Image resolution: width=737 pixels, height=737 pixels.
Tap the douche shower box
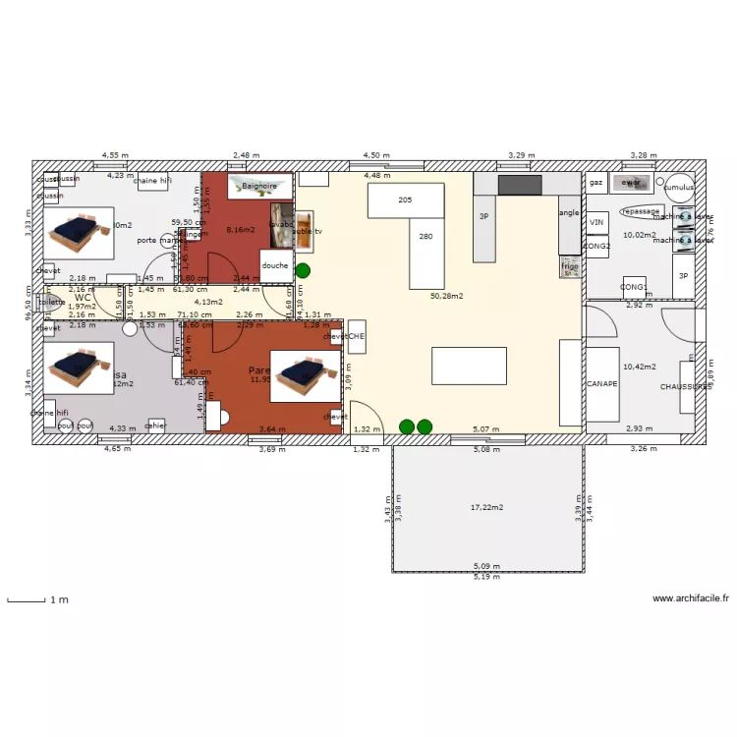(275, 265)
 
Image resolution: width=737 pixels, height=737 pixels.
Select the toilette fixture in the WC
(51, 303)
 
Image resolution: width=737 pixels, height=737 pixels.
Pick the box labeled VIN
(596, 224)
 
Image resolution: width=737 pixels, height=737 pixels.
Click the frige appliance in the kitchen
(570, 266)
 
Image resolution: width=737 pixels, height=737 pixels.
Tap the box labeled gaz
(595, 183)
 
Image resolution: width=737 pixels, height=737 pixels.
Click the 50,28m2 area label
(446, 295)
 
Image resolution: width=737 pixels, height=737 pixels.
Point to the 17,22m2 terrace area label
(486, 507)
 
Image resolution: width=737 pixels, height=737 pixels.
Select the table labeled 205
(405, 199)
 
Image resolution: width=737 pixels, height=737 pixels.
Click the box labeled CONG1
(634, 287)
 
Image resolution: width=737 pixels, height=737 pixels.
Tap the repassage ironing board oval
(641, 211)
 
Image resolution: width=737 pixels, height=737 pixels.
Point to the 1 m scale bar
(27, 598)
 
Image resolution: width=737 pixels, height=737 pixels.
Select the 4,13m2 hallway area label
(207, 302)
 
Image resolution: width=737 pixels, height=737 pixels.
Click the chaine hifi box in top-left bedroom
(152, 181)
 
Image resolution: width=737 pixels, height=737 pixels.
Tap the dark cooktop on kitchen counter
(520, 185)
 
